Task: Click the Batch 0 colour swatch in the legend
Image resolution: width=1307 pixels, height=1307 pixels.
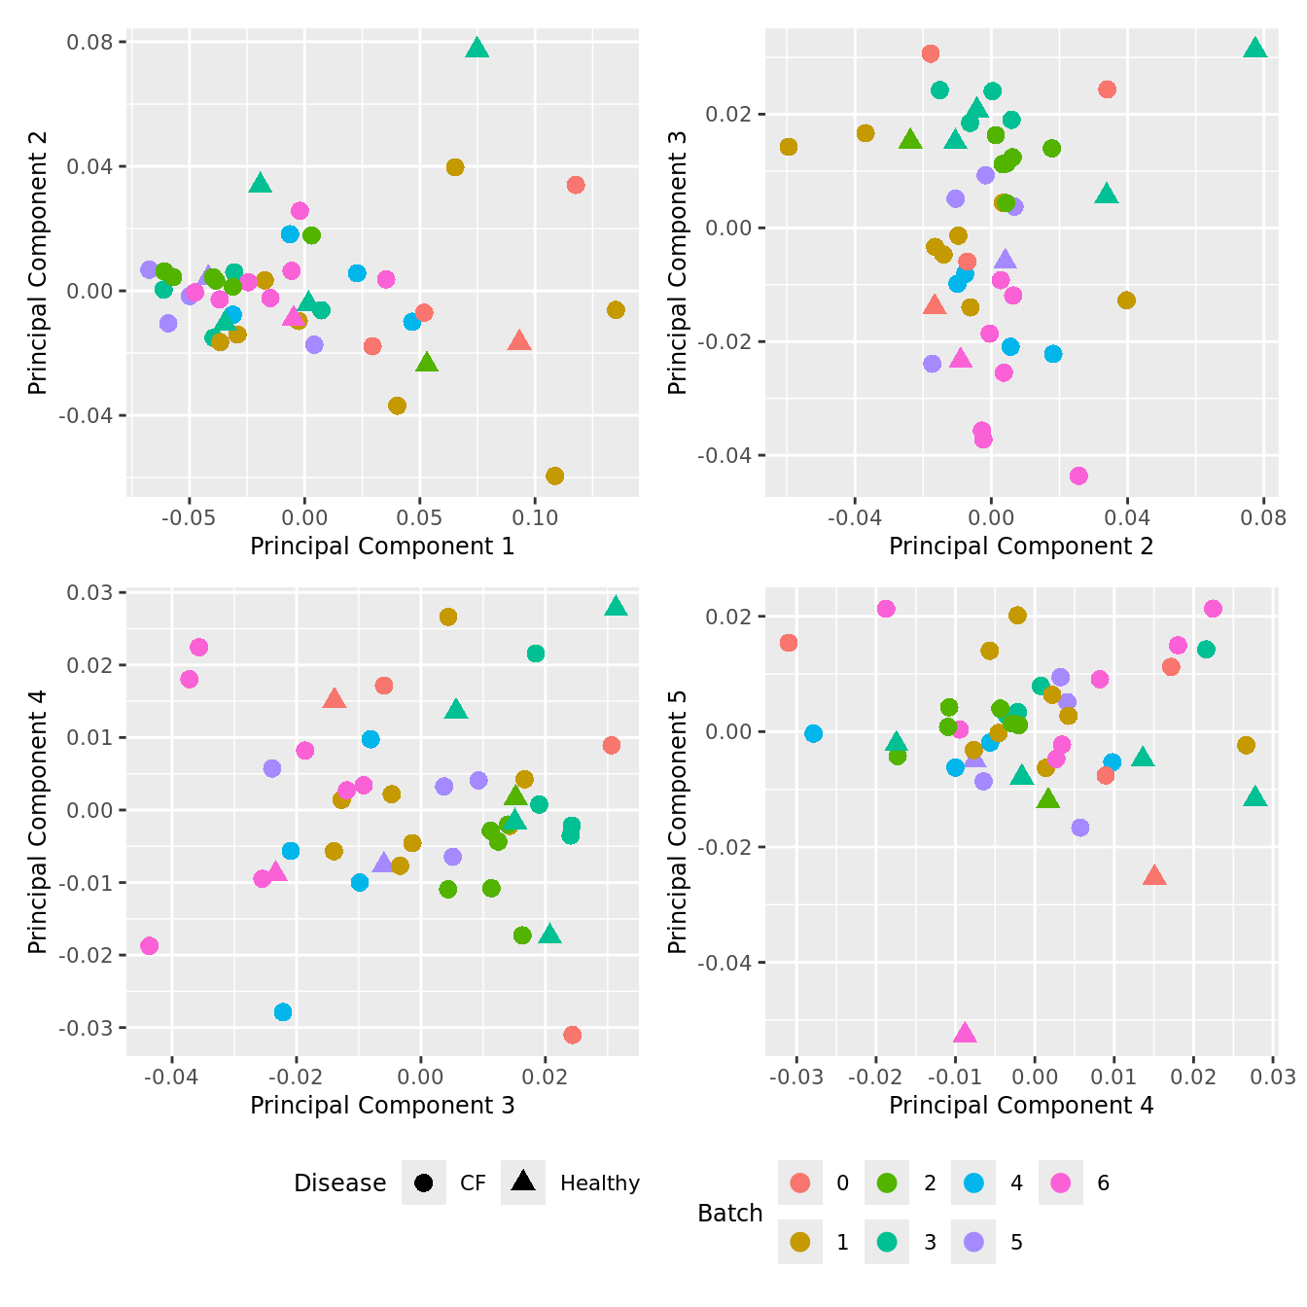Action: click(x=800, y=1183)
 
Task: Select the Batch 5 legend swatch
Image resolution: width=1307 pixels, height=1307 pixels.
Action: click(x=973, y=1242)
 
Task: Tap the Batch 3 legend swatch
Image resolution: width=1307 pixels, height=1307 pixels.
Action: click(x=887, y=1242)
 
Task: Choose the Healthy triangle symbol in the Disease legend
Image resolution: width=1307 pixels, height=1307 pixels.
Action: click(x=523, y=1182)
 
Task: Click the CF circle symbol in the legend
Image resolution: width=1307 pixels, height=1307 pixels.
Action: click(x=423, y=1183)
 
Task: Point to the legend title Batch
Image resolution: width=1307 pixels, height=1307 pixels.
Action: click(x=729, y=1213)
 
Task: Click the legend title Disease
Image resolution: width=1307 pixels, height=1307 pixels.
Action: click(x=339, y=1183)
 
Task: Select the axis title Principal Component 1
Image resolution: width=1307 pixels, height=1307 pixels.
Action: click(x=382, y=547)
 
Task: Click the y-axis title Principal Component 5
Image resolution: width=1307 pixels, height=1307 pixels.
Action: click(x=678, y=822)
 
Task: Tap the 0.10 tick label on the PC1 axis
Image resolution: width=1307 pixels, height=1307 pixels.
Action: click(x=536, y=518)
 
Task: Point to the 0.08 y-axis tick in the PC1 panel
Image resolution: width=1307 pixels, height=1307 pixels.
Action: click(x=89, y=42)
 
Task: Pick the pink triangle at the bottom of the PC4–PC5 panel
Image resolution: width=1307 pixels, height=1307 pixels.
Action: click(x=965, y=1033)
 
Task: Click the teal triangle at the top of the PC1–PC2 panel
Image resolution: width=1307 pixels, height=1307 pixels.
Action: click(x=477, y=48)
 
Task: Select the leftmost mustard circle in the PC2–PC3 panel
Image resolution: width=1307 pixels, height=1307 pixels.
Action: click(x=789, y=147)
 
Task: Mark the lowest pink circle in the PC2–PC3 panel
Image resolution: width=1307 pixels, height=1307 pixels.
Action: click(x=1078, y=476)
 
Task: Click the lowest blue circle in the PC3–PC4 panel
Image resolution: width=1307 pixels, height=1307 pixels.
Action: click(x=283, y=1012)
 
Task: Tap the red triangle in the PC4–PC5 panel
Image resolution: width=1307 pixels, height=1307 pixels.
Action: click(x=1154, y=875)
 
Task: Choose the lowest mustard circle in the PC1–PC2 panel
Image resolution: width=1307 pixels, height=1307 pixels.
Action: click(x=555, y=476)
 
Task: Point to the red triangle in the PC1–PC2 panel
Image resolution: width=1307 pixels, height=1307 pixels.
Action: click(x=519, y=340)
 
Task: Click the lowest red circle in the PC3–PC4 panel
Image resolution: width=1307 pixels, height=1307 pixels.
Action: click(x=572, y=1035)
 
